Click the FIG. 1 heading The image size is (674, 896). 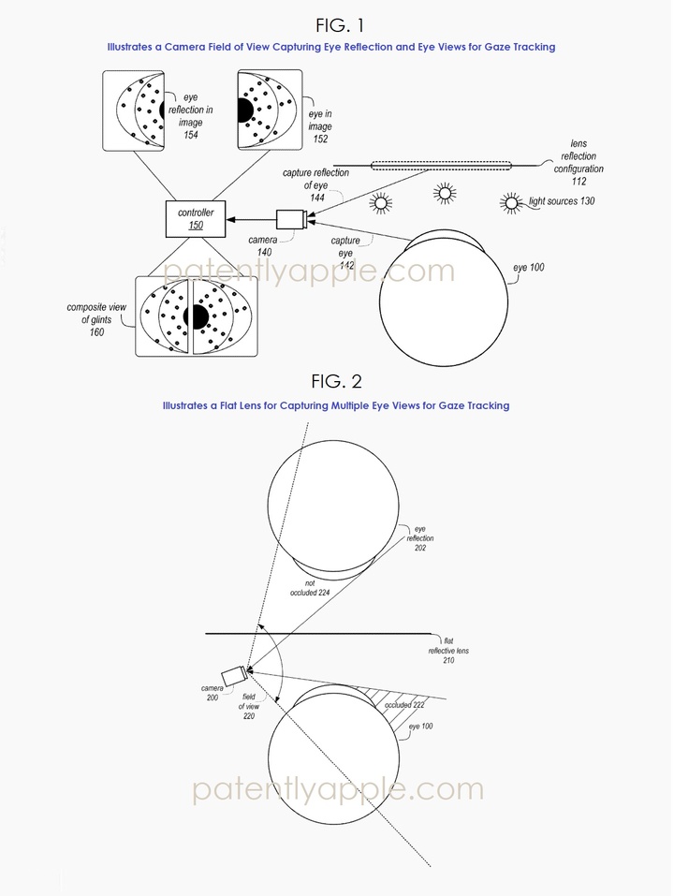(335, 22)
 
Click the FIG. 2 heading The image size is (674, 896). (335, 382)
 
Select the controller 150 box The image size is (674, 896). (196, 220)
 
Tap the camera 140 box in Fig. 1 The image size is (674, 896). (289, 221)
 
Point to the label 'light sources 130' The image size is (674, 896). (561, 201)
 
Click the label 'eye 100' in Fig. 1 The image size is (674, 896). (530, 269)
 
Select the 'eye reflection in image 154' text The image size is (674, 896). (197, 122)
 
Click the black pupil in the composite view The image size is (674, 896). (196, 316)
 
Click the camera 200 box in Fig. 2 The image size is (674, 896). (234, 675)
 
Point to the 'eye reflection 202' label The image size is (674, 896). (418, 538)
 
